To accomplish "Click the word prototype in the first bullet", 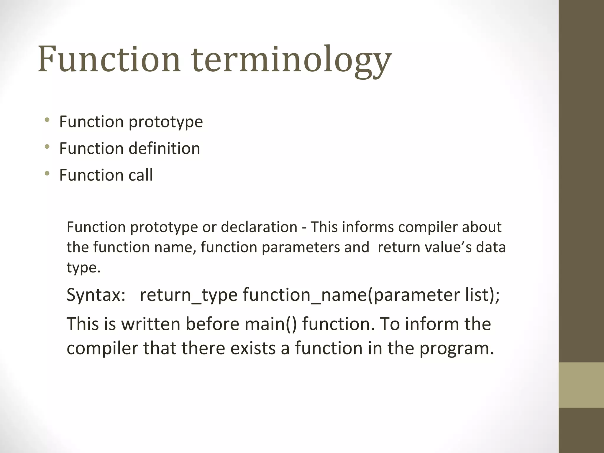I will click(166, 122).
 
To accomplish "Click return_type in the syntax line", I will click(188, 295).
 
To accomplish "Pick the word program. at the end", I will click(457, 349).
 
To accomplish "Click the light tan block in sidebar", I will click(581, 385).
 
